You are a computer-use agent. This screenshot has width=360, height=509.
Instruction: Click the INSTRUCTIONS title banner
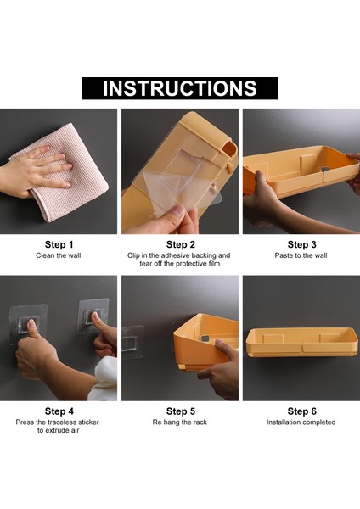pyautogui.click(x=180, y=88)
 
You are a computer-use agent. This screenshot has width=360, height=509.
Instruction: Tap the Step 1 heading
pyautogui.click(x=59, y=245)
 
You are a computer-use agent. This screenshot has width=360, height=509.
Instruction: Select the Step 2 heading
pyautogui.click(x=181, y=245)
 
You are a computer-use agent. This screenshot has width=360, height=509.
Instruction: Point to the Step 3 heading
pyautogui.click(x=302, y=245)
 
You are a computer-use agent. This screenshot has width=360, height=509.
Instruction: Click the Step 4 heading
pyautogui.click(x=59, y=411)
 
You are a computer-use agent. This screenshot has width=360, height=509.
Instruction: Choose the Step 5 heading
pyautogui.click(x=181, y=411)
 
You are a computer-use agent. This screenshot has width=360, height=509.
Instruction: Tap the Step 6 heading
pyautogui.click(x=302, y=411)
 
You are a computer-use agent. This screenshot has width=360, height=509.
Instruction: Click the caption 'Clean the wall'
pyautogui.click(x=59, y=255)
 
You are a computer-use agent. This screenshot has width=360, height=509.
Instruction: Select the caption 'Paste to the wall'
pyautogui.click(x=301, y=255)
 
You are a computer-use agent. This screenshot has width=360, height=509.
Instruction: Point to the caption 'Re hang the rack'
pyautogui.click(x=180, y=422)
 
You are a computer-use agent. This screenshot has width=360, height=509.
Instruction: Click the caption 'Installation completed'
pyautogui.click(x=301, y=422)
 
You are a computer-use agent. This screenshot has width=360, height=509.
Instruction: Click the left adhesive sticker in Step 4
pyautogui.click(x=28, y=324)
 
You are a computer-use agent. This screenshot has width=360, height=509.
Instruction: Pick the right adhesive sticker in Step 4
pyautogui.click(x=93, y=316)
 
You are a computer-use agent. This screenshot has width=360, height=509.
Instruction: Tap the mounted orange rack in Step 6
pyautogui.click(x=302, y=343)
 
